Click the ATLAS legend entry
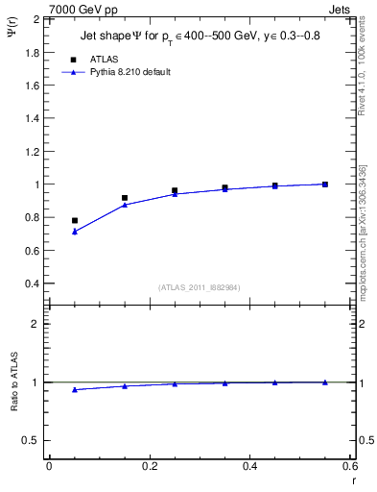click(104, 60)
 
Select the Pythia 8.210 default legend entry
click(130, 72)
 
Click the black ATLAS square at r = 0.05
click(75, 220)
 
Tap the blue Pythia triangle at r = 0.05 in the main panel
click(75, 232)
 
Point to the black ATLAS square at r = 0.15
click(125, 198)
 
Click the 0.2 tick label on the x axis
click(149, 466)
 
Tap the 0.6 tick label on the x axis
click(350, 466)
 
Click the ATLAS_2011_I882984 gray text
click(199, 288)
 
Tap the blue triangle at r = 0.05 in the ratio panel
click(75, 389)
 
